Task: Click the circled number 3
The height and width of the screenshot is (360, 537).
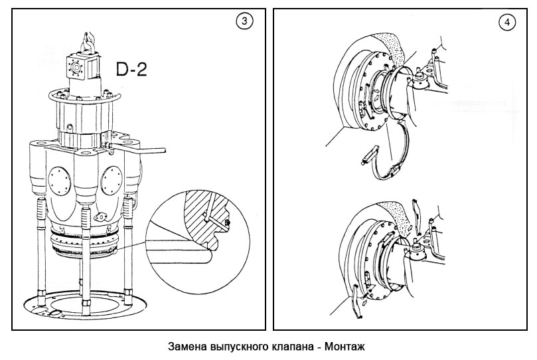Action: [x=245, y=22]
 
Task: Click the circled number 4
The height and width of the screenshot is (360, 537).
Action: [x=508, y=22]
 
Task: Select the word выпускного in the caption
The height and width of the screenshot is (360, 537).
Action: [x=239, y=347]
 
